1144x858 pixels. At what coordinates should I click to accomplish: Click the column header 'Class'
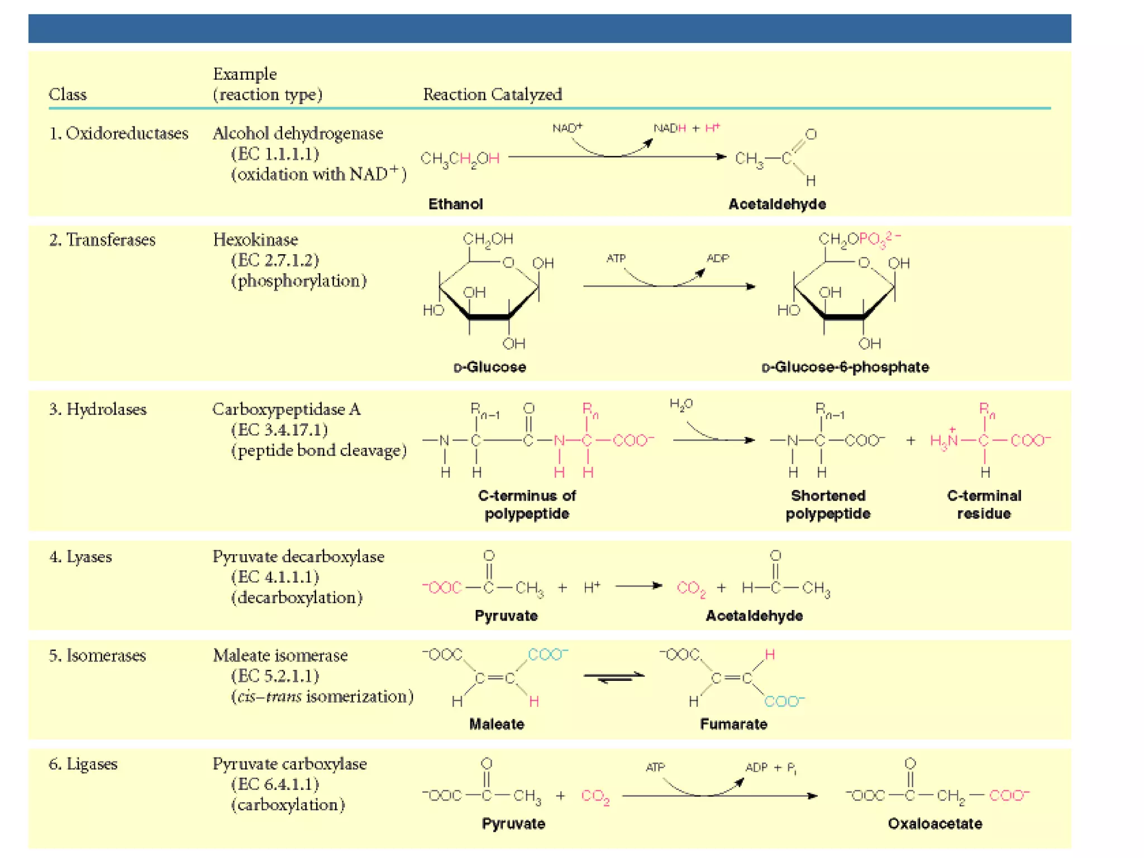68,94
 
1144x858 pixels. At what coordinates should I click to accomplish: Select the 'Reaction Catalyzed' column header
492,94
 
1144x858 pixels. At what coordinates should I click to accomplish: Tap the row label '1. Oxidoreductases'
118,134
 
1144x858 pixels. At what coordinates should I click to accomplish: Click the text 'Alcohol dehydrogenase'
298,134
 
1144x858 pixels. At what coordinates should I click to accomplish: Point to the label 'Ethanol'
455,204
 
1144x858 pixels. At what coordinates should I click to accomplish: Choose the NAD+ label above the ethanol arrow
567,128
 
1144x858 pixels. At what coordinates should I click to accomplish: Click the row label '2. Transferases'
102,240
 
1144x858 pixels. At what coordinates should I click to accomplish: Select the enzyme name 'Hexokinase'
255,240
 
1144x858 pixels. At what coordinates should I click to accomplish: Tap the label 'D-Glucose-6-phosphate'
845,367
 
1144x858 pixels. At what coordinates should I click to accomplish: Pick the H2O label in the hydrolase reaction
681,404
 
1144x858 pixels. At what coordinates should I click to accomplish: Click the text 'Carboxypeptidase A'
287,409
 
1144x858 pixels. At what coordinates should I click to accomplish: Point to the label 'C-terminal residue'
984,504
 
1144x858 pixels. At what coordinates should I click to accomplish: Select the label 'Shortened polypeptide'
828,504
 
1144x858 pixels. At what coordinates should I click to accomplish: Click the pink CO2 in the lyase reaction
691,588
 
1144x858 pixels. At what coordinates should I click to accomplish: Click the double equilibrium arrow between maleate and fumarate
614,676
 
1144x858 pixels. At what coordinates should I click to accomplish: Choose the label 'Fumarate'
733,724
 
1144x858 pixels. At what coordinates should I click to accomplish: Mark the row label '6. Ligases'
83,764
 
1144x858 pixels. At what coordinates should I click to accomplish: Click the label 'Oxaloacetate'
935,823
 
